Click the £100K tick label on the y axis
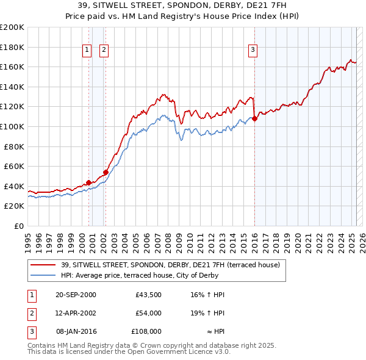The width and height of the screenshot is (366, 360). (12, 126)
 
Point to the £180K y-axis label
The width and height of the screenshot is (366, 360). (12, 47)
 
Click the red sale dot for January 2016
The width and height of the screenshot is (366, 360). (254, 119)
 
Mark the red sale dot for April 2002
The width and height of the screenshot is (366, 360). (106, 172)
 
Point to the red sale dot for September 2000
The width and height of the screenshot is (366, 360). (89, 182)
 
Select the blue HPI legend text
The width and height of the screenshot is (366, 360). (160, 275)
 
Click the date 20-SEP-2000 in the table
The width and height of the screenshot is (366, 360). (76, 295)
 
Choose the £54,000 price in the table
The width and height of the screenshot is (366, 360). (148, 313)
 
